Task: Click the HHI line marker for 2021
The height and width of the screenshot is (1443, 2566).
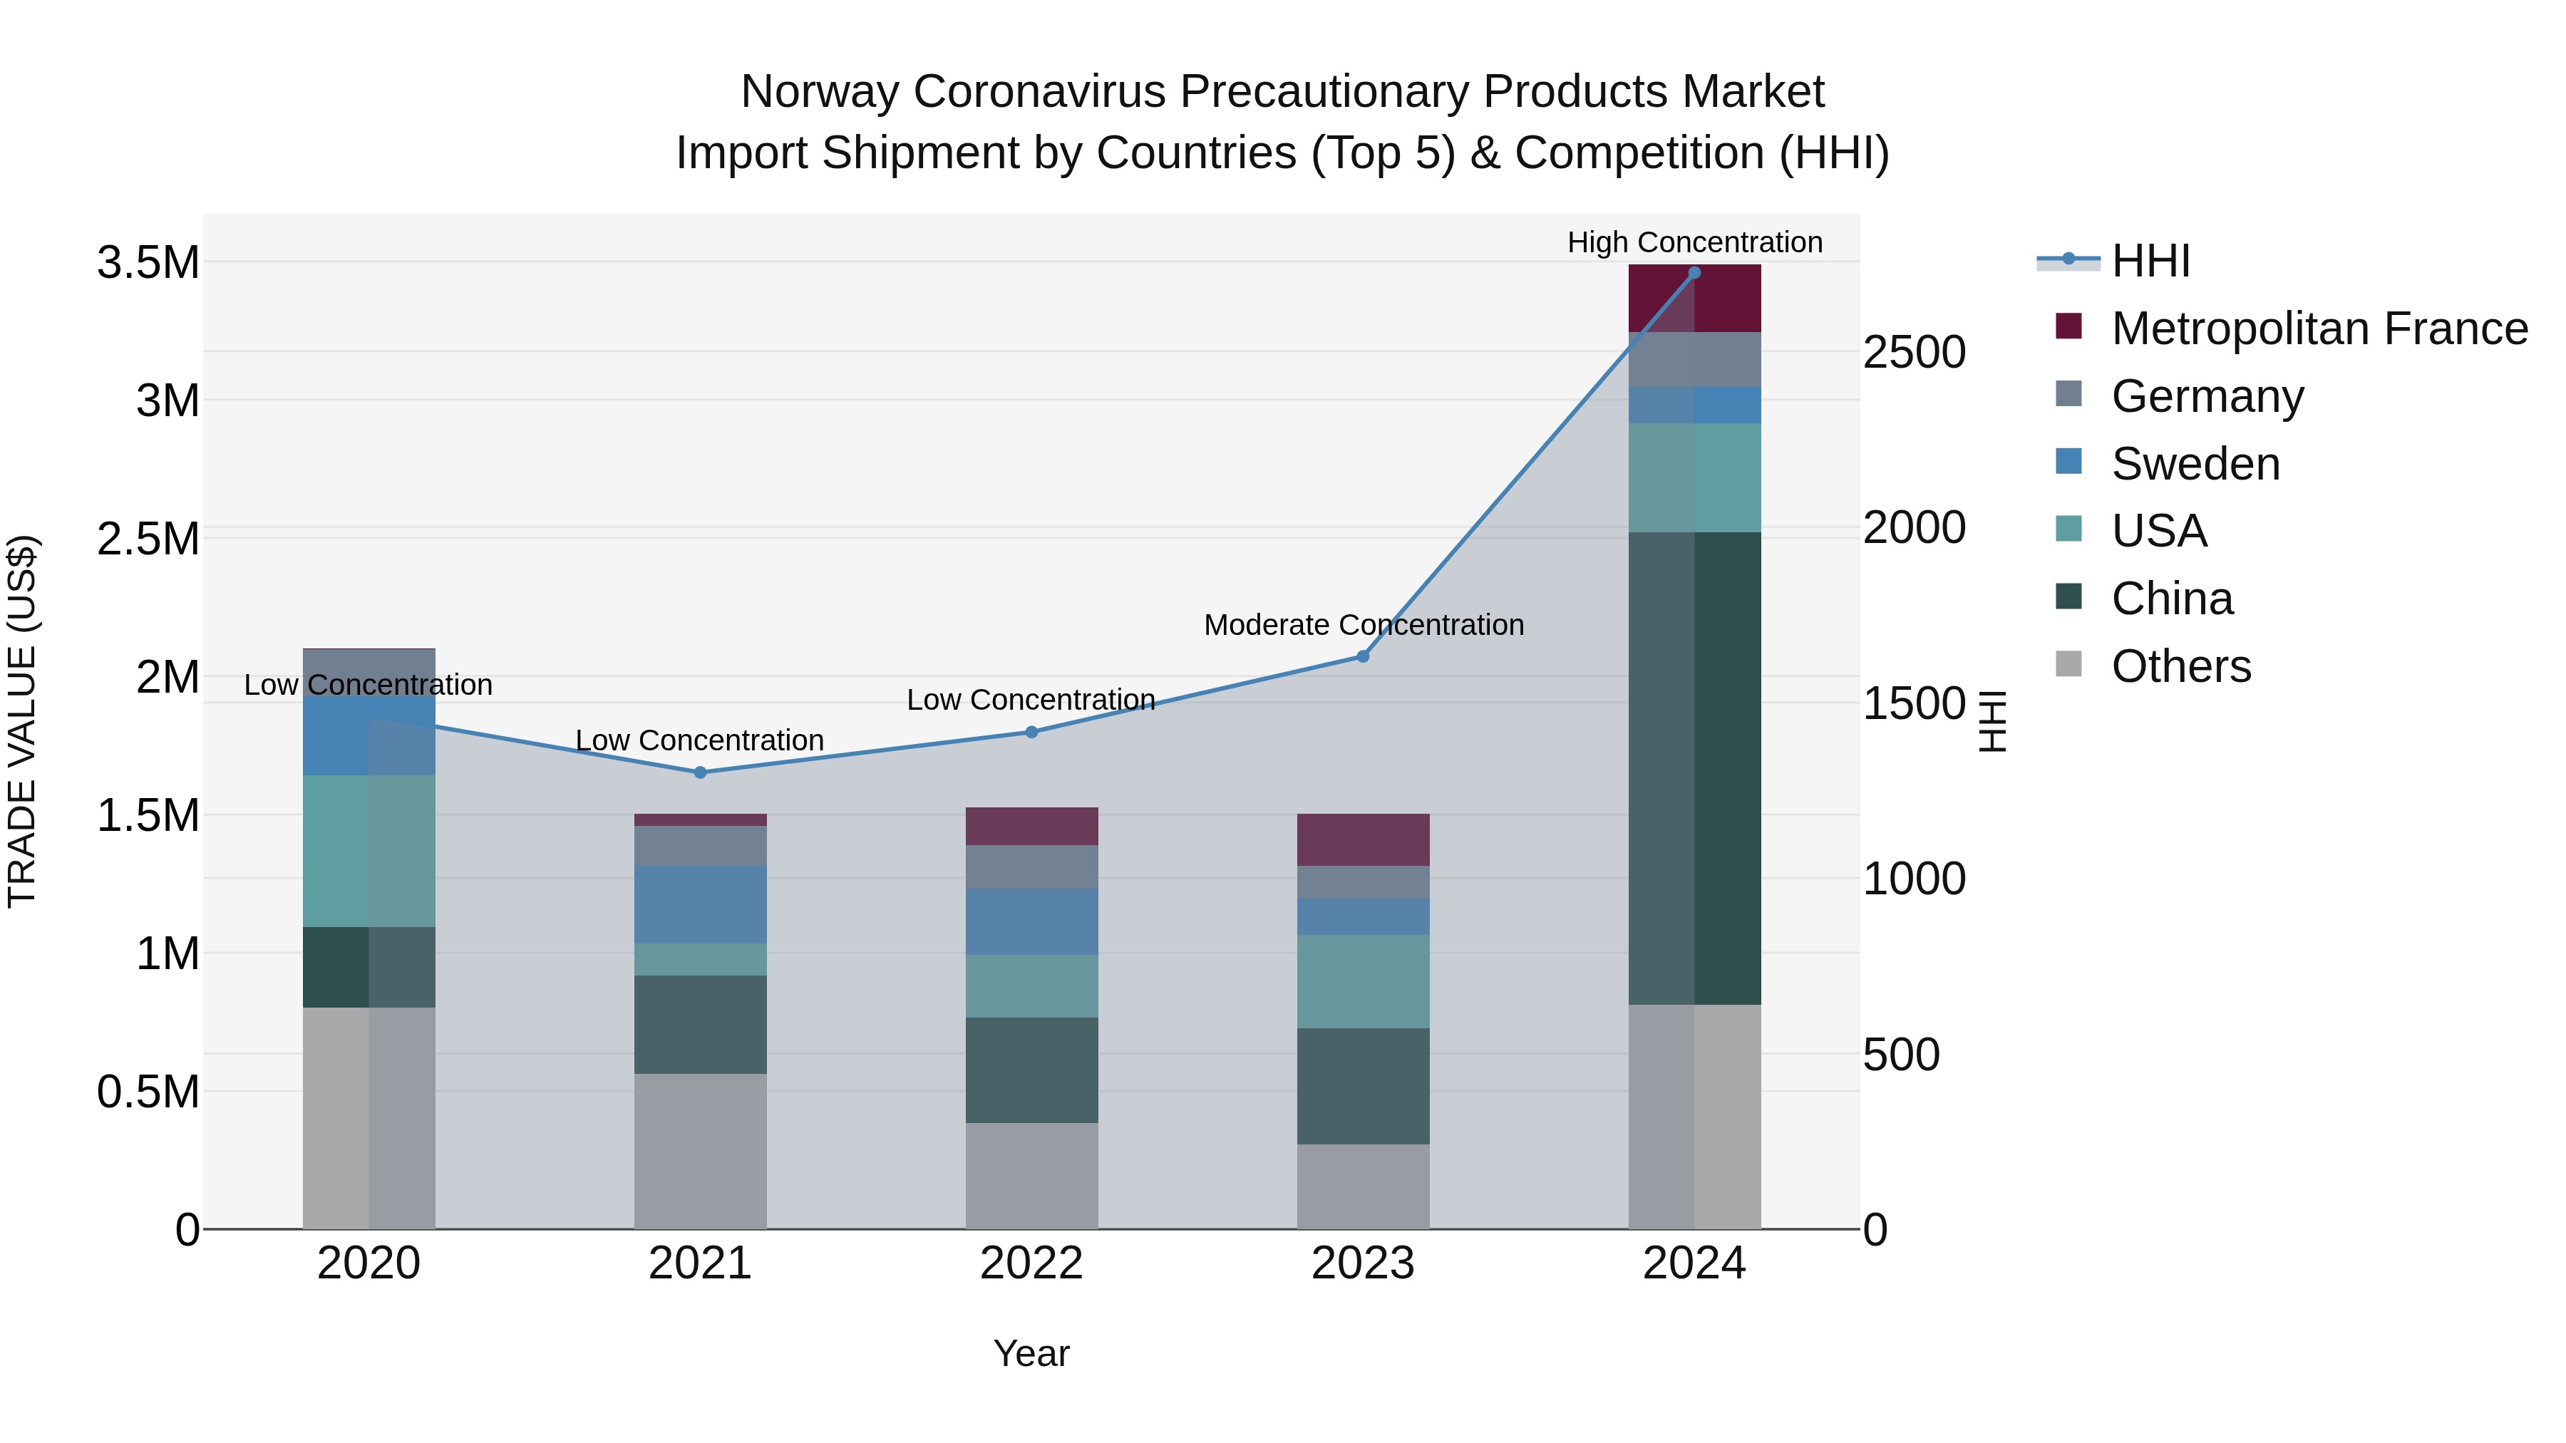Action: coord(699,772)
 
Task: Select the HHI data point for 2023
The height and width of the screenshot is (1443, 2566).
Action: coord(1363,656)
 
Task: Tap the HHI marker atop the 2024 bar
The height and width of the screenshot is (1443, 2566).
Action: coord(1694,273)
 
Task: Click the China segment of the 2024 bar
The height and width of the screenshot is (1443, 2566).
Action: coord(1694,767)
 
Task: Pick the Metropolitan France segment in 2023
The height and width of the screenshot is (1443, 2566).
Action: coord(1363,839)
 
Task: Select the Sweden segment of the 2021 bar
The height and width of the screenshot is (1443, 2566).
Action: coord(699,904)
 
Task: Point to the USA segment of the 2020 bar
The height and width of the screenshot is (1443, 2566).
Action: coord(369,852)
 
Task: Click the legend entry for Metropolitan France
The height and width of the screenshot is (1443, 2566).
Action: coord(2318,329)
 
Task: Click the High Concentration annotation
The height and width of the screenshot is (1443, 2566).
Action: coord(1694,242)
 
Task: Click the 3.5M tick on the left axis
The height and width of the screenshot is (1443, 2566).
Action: coord(148,264)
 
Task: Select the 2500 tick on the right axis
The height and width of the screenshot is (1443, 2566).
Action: coord(1914,353)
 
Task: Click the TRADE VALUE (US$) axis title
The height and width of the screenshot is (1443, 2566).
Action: coord(22,721)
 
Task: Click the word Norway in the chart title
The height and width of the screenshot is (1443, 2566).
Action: coord(820,92)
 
